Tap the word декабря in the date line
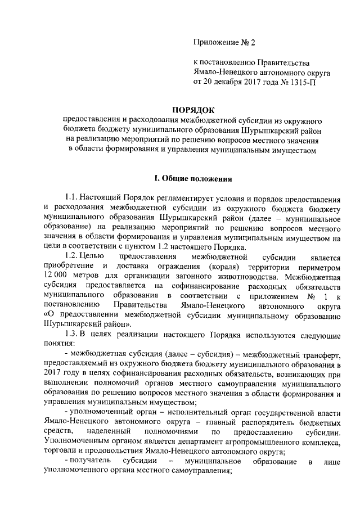click(225, 82)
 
